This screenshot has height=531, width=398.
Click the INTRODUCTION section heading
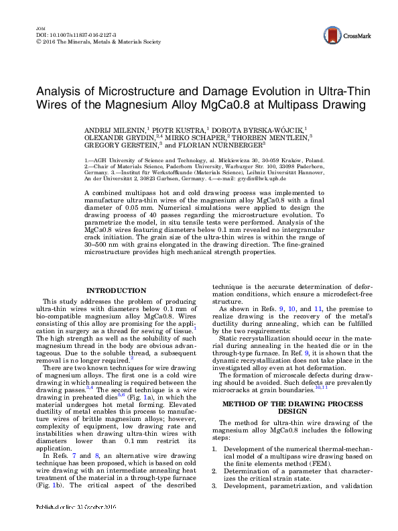117,290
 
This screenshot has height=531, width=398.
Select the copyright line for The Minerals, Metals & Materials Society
97,42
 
